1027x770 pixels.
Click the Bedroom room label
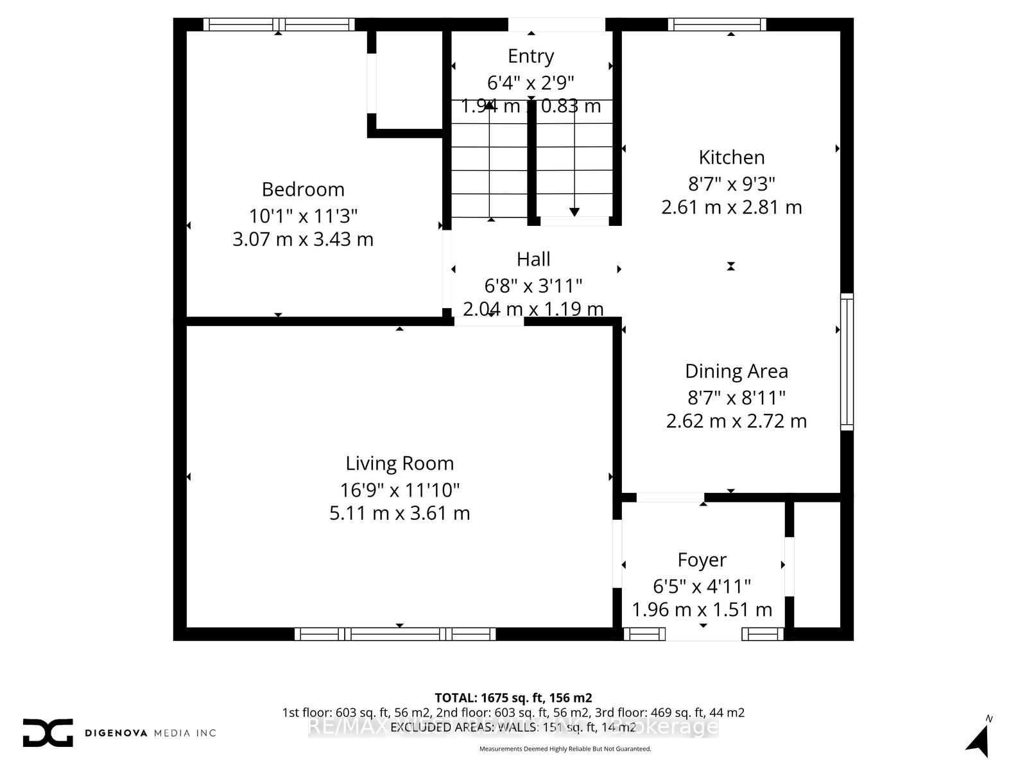(x=303, y=189)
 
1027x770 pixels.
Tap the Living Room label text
(x=399, y=463)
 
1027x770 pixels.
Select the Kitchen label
(x=732, y=157)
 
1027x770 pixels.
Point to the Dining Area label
(x=736, y=371)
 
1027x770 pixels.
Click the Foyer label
(x=702, y=560)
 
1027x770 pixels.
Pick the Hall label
(x=533, y=259)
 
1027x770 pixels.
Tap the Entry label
(x=531, y=56)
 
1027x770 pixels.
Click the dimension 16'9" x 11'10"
(x=399, y=490)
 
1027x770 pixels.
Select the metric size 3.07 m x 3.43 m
(x=303, y=239)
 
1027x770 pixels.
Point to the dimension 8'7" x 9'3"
(x=732, y=184)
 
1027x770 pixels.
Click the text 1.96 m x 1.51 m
(x=702, y=610)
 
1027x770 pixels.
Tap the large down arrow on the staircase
(x=574, y=212)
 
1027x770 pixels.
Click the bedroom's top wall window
(x=279, y=24)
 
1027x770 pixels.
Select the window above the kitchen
(x=717, y=24)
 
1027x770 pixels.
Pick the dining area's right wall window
(x=847, y=361)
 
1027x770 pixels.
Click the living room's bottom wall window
(x=395, y=634)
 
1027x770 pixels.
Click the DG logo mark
(x=47, y=732)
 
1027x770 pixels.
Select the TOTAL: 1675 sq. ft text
(x=513, y=697)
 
